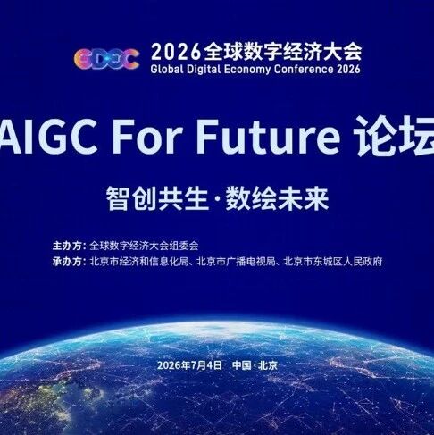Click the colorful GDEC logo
106,59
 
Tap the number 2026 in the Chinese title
176,52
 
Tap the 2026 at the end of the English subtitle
348,69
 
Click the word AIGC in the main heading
47,136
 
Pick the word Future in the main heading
268,136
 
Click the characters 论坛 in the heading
395,136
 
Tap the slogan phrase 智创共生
157,198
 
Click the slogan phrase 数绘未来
277,198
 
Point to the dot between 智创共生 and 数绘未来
217,199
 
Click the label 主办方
67,246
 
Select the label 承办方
67,262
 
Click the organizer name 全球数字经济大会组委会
144,246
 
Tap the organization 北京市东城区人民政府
333,262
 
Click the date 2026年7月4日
189,365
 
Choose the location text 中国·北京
255,365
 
